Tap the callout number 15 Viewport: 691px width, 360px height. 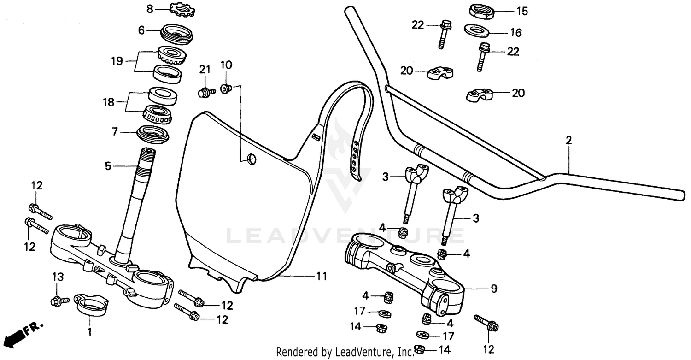(522, 11)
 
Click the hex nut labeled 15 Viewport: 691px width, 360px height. (482, 10)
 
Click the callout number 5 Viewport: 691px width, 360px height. (108, 166)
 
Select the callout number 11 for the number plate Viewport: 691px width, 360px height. (321, 277)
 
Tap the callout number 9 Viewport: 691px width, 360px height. (493, 289)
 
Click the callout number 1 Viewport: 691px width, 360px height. (90, 331)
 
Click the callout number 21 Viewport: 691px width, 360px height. (205, 70)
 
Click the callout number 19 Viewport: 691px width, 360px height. (117, 61)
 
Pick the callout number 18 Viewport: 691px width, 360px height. (108, 102)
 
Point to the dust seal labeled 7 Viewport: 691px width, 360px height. (154, 134)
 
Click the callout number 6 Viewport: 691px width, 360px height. (141, 30)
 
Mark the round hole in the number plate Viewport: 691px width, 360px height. (251, 159)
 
